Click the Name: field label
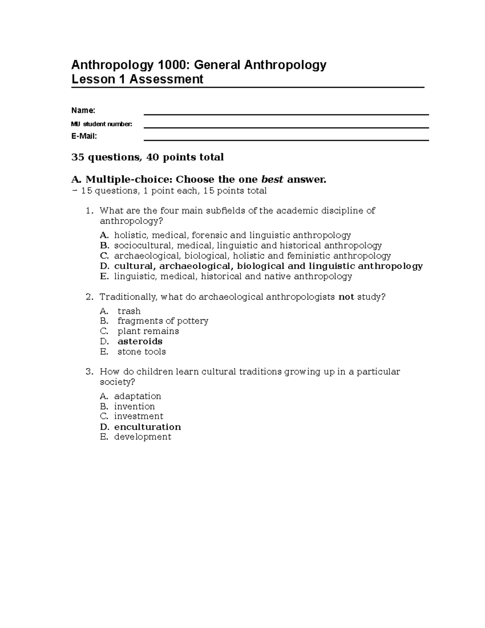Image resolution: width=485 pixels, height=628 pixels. pyautogui.click(x=83, y=110)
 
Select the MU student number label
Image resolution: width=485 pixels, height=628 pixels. pyautogui.click(x=101, y=124)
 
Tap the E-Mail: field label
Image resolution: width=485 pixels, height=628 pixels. pyautogui.click(x=84, y=136)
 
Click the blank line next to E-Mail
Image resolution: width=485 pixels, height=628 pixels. pyautogui.click(x=286, y=140)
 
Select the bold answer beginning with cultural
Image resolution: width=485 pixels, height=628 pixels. pyautogui.click(x=268, y=266)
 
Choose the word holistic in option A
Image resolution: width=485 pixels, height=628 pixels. pyautogui.click(x=130, y=235)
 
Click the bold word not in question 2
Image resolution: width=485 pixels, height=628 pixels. pyautogui.click(x=346, y=297)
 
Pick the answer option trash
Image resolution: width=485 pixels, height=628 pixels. pyautogui.click(x=129, y=311)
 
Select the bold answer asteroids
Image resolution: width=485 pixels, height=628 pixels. pyautogui.click(x=140, y=341)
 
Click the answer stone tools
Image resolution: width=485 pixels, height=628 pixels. pyautogui.click(x=141, y=352)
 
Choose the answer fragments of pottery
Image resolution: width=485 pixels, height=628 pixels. pyautogui.click(x=163, y=321)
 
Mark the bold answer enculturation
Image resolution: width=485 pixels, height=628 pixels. pyautogui.click(x=148, y=427)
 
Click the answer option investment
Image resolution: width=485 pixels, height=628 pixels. pyautogui.click(x=139, y=417)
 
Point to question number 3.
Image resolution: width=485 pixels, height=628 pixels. pyautogui.click(x=89, y=372)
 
